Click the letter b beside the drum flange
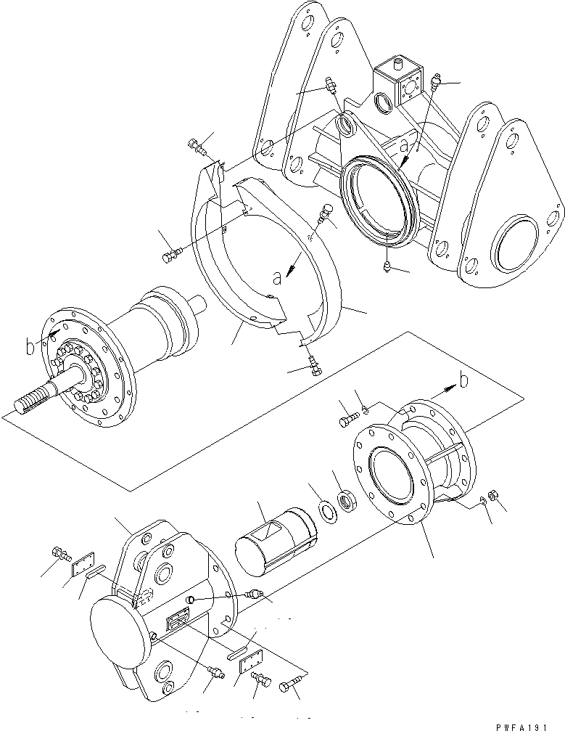click(30, 348)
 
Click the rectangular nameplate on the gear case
click(178, 621)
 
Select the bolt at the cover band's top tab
click(199, 147)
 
